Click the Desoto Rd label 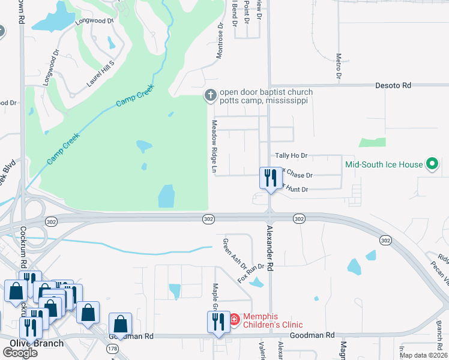pos(393,86)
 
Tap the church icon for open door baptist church pos(210,95)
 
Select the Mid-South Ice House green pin pos(431,164)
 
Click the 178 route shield pos(112,348)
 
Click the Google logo pos(19,353)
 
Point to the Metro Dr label pos(339,67)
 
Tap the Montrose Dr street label pos(220,42)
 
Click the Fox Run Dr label pos(251,273)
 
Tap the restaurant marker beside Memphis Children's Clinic pos(217,321)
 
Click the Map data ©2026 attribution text pos(424,355)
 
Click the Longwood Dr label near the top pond pos(95,21)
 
